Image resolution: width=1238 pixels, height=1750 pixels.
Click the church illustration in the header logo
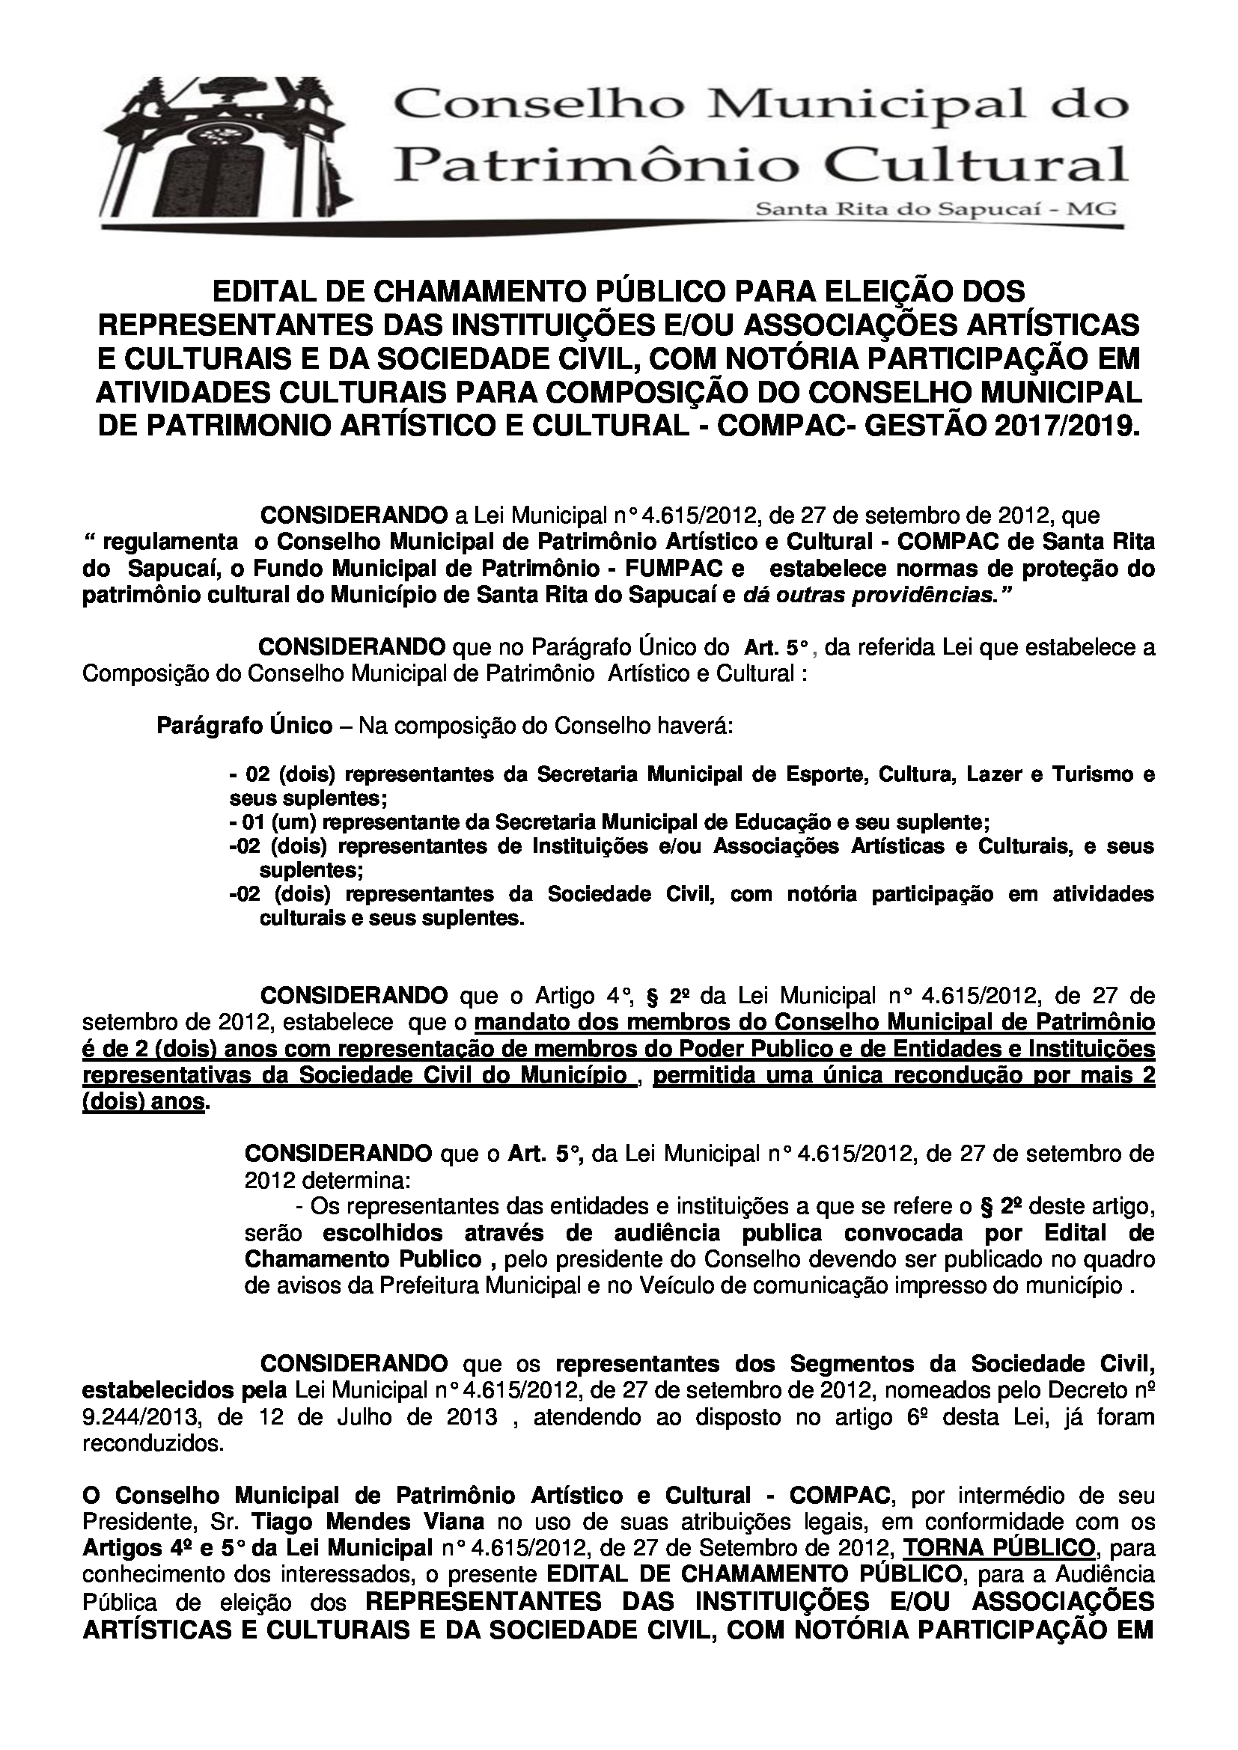229,153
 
